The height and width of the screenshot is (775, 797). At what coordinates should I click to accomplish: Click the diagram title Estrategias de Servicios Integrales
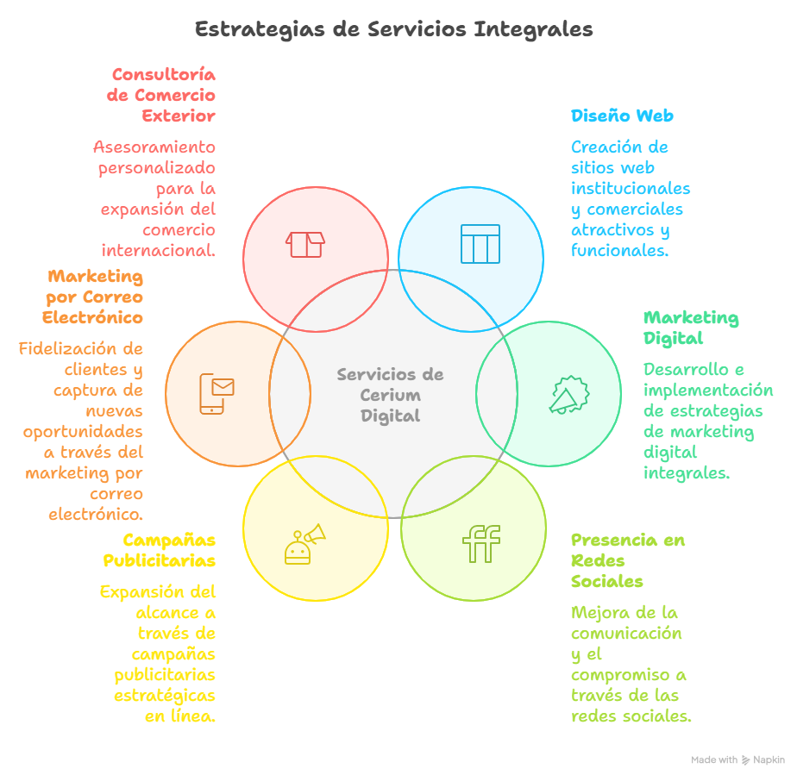point(393,29)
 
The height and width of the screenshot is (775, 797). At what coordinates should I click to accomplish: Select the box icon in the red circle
point(305,244)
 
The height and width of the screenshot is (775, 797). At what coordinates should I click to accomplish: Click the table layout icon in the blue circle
point(480,244)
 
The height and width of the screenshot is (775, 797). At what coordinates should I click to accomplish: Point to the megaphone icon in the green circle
point(568,396)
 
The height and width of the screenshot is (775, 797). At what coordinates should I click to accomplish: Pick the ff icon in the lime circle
point(481,543)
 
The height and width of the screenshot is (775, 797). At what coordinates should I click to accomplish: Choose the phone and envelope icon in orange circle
point(217,393)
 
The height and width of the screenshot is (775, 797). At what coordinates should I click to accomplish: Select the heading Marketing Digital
point(690,328)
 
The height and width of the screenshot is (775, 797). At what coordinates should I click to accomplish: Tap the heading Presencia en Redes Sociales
point(627,560)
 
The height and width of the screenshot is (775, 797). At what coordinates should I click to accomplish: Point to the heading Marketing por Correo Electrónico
point(93,297)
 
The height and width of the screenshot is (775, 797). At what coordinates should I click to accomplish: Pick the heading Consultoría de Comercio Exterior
point(162,95)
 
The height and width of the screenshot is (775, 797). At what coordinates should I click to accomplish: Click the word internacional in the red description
point(158,251)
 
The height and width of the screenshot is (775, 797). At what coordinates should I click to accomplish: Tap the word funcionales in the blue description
point(618,251)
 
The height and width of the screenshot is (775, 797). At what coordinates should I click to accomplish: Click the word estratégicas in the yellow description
point(165,695)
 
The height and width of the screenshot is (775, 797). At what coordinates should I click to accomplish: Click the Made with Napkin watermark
point(737,760)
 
